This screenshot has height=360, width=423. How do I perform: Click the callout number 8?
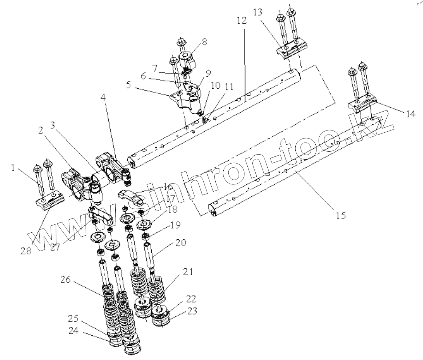coord(205,42)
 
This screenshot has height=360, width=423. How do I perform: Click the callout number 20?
coord(180,242)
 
